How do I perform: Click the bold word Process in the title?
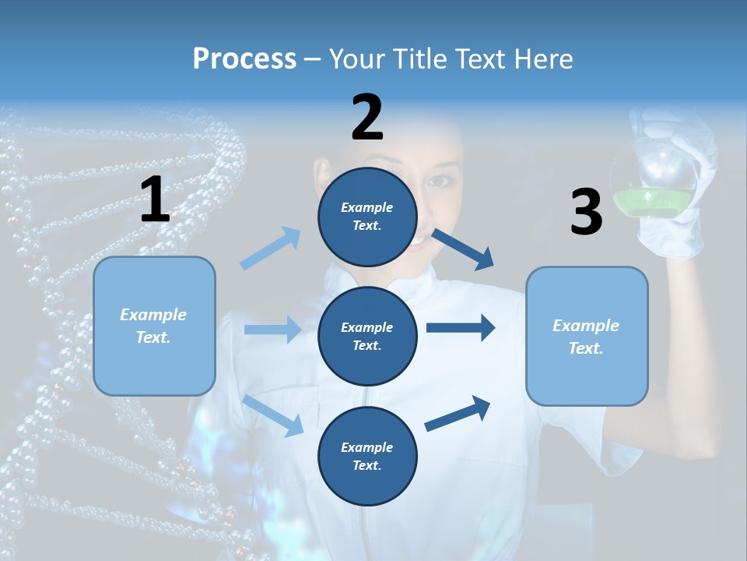click(244, 59)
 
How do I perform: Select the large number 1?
click(155, 200)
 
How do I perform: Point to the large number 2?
click(367, 118)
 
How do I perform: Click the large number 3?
click(586, 213)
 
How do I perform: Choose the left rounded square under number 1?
click(154, 326)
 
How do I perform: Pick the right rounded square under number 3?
click(587, 336)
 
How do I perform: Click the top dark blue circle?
click(367, 217)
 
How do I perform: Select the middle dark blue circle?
click(367, 336)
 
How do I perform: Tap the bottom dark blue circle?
click(367, 456)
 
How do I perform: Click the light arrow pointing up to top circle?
click(271, 249)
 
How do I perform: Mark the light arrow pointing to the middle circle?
click(272, 330)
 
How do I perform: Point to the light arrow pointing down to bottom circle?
click(273, 415)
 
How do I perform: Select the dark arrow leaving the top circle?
click(463, 249)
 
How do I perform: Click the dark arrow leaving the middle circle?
click(460, 328)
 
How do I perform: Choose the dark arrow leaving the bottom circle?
click(458, 414)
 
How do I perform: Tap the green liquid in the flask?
click(652, 203)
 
